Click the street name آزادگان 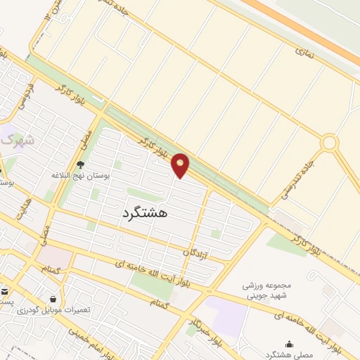tap(196, 251)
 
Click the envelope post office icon tap(4, 290)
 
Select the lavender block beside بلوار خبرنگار tap(229, 316)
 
